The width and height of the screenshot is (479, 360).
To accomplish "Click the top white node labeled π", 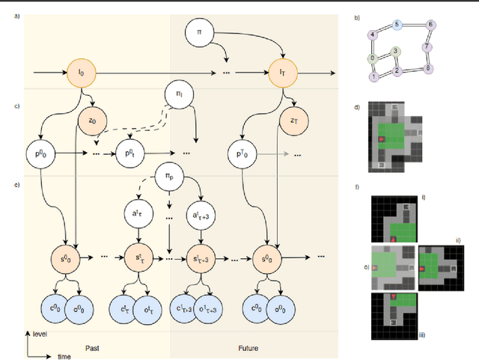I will tap(198, 34).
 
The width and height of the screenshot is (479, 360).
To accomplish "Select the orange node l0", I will tap(82, 73).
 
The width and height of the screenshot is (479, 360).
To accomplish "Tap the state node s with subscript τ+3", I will tap(198, 257).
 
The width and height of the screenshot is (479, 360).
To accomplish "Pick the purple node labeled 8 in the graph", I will tap(428, 70).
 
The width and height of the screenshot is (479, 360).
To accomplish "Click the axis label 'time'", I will tap(65, 357).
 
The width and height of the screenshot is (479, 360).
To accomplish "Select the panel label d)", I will tap(358, 108).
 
